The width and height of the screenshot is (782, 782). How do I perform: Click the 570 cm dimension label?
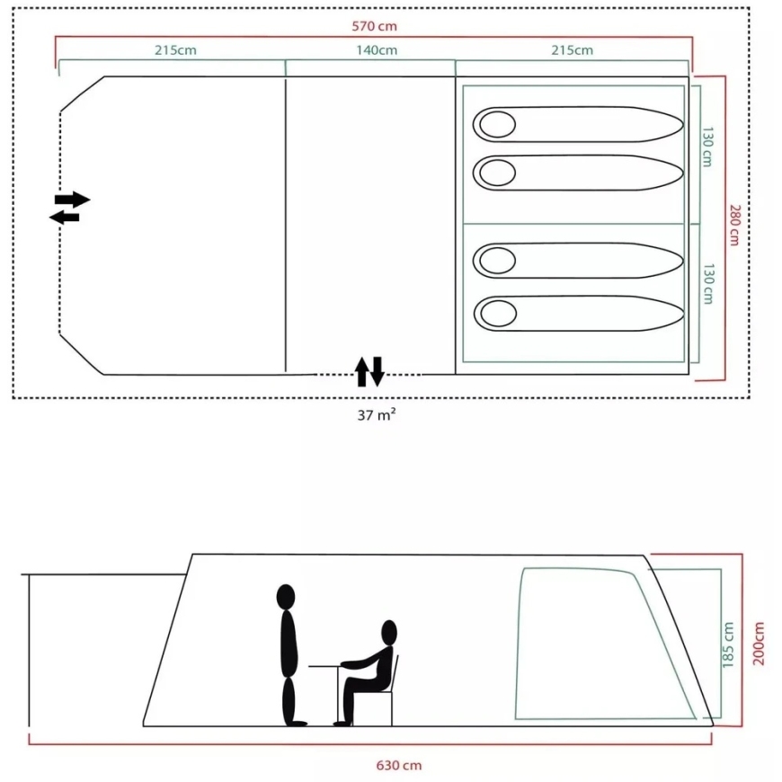click(375, 26)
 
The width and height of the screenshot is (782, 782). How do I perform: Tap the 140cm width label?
click(377, 50)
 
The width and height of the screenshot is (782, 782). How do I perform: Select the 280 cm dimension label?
click(734, 225)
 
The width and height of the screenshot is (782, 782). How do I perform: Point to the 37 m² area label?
click(377, 414)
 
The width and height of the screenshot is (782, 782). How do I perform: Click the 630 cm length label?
click(398, 765)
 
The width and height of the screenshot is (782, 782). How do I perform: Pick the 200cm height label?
click(758, 644)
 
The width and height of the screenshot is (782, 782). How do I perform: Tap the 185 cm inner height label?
click(728, 644)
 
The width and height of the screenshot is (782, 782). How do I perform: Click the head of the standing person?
click(286, 597)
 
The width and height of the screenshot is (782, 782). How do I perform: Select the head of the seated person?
click(389, 633)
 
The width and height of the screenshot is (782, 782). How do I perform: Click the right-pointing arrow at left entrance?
click(72, 200)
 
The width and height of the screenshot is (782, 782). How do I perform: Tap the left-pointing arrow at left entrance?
click(65, 218)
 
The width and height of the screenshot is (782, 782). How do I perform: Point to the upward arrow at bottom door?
click(362, 371)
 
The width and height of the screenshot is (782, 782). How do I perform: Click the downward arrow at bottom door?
click(377, 371)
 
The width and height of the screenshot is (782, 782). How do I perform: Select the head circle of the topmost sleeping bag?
click(497, 124)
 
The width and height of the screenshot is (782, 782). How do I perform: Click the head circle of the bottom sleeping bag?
click(498, 313)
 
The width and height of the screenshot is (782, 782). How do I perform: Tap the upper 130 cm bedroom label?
click(707, 147)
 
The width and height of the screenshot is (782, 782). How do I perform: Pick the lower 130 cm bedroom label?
click(708, 284)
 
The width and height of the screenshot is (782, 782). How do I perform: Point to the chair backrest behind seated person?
click(395, 672)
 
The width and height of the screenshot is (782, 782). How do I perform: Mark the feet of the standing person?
click(295, 723)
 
